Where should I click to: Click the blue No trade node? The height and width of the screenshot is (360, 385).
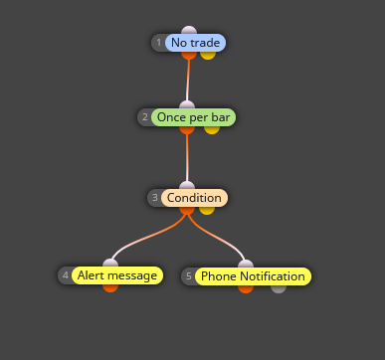point(195,43)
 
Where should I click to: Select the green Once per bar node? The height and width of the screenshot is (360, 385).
point(193,117)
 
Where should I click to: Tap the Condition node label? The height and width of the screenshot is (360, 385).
point(194,198)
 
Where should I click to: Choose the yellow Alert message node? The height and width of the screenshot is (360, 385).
point(117,275)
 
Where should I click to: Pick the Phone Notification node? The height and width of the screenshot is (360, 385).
point(253,276)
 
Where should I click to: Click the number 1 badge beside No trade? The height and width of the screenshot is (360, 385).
point(158,43)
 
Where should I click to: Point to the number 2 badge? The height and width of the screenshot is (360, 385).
point(145,117)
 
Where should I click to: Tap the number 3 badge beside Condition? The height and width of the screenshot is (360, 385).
point(155,198)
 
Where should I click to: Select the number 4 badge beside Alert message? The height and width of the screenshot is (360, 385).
point(66,275)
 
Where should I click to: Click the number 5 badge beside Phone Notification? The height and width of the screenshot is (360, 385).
point(189,276)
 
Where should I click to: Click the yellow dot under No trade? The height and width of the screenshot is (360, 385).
point(208,56)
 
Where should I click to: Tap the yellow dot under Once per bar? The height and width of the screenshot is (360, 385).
point(212,130)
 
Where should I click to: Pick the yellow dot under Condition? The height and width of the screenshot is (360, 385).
point(207,211)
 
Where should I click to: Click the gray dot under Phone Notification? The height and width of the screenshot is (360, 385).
point(279,289)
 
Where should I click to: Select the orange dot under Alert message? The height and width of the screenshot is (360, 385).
point(110,288)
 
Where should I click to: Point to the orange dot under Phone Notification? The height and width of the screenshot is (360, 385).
point(246,289)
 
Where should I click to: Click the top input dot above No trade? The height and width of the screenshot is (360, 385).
point(189,30)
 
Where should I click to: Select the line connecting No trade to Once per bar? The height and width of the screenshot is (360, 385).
point(188,81)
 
